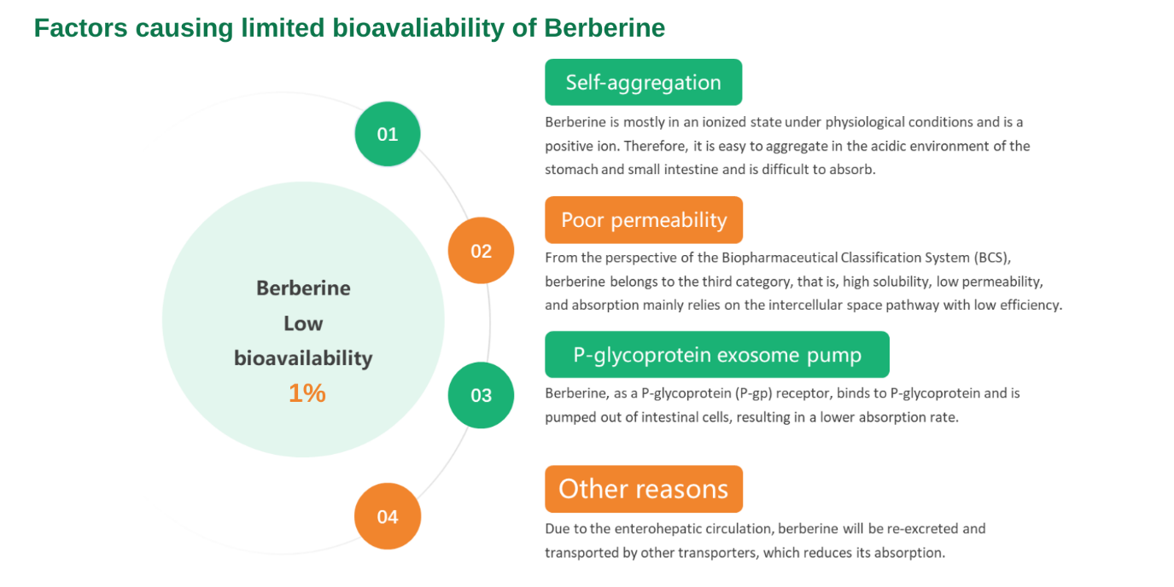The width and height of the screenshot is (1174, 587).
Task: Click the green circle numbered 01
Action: click(388, 134)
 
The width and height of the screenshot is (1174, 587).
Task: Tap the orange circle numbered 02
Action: click(481, 250)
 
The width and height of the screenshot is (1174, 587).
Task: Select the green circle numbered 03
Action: click(481, 395)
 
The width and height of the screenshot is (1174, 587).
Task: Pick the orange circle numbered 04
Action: click(388, 516)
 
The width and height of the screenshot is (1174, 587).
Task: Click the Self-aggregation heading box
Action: click(643, 82)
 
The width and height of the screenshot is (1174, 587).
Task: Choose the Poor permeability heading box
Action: click(644, 220)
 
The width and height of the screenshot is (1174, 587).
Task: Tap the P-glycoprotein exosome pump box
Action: click(717, 355)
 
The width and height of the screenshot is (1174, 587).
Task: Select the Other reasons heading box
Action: click(644, 489)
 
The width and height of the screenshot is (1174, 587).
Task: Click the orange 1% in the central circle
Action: click(307, 392)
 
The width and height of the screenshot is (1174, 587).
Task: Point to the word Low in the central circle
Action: click(303, 323)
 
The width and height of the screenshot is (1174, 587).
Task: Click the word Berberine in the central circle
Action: click(303, 288)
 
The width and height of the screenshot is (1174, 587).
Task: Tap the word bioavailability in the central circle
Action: click(303, 358)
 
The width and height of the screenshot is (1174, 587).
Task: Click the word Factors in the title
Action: click(81, 28)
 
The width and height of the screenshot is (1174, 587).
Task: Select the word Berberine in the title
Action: click(605, 28)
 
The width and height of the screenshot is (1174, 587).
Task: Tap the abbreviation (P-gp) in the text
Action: click(753, 394)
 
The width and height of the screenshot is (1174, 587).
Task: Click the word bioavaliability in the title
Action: click(418, 29)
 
